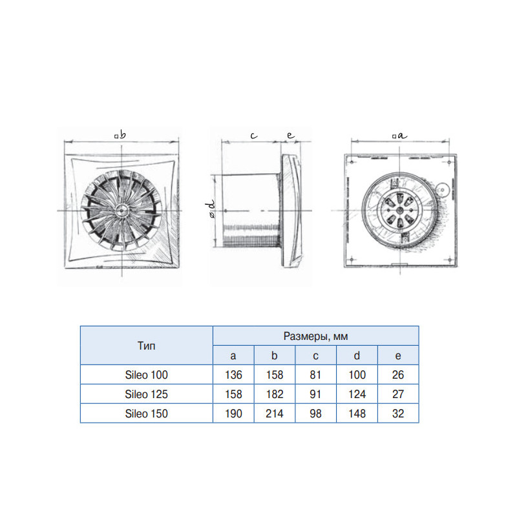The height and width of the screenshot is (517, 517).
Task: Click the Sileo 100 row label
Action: pyautogui.click(x=146, y=375)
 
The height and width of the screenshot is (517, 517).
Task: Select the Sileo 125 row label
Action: pyautogui.click(x=146, y=394)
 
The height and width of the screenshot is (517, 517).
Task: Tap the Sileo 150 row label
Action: pyautogui.click(x=146, y=414)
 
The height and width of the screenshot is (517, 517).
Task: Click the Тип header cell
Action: pyautogui.click(x=146, y=346)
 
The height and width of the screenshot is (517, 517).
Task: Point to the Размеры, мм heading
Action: pyautogui.click(x=315, y=336)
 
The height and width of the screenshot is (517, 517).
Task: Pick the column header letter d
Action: pyautogui.click(x=357, y=355)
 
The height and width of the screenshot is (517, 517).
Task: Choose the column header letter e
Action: pyautogui.click(x=398, y=356)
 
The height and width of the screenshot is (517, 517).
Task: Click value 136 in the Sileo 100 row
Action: pyautogui.click(x=233, y=375)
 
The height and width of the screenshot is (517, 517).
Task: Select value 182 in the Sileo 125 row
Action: pyautogui.click(x=274, y=394)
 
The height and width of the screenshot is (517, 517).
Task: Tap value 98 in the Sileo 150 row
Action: pyautogui.click(x=315, y=414)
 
